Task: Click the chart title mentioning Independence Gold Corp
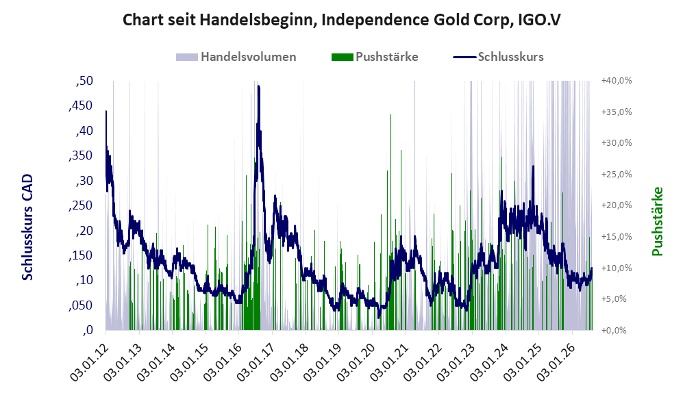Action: coord(341,20)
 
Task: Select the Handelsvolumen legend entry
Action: coord(236,57)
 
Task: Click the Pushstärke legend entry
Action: coord(375,57)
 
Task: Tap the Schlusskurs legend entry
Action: coord(498,57)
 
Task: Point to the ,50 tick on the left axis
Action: coord(84,81)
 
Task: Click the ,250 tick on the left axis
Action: coord(81,205)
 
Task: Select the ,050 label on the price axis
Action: coord(81,305)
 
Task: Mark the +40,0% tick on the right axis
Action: coord(617,81)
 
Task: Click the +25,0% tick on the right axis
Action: coord(617,174)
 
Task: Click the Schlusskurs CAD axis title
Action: coord(27,227)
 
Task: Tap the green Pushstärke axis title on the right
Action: coord(657,221)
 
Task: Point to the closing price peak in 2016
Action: coord(259,86)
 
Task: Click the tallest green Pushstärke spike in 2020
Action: coord(390,115)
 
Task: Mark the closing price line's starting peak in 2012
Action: coord(106,112)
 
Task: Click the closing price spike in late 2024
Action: coord(533,166)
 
